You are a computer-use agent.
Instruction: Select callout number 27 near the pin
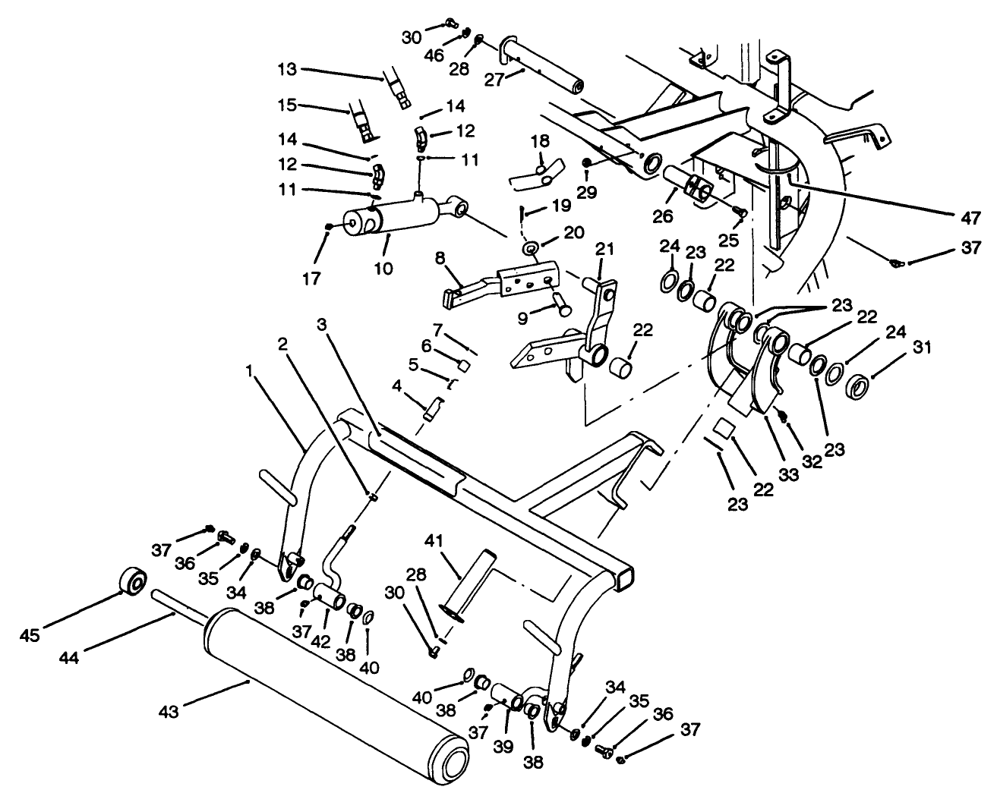click(494, 80)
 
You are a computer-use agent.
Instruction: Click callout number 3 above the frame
click(323, 324)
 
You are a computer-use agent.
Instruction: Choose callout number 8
click(439, 258)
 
